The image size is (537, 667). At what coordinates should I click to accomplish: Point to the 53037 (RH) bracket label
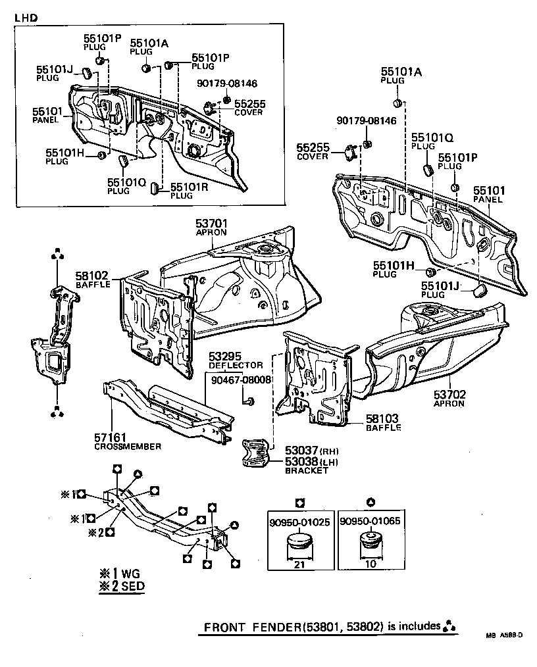pyautogui.click(x=301, y=451)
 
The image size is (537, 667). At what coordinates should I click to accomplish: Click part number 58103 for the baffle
pyautogui.click(x=384, y=418)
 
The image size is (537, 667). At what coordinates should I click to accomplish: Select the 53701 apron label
pyautogui.click(x=211, y=224)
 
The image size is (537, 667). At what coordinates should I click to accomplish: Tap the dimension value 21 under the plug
pyautogui.click(x=299, y=564)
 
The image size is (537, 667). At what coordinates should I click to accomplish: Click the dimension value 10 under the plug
pyautogui.click(x=371, y=564)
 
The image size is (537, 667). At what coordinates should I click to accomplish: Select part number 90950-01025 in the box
pyautogui.click(x=299, y=522)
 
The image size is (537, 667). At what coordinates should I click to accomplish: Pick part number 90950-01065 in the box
pyautogui.click(x=371, y=522)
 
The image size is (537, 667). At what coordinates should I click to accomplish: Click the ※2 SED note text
pyautogui.click(x=122, y=586)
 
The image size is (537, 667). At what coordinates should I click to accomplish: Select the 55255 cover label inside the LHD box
pyautogui.click(x=249, y=104)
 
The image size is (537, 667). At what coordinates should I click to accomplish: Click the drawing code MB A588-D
pyautogui.click(x=505, y=635)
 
